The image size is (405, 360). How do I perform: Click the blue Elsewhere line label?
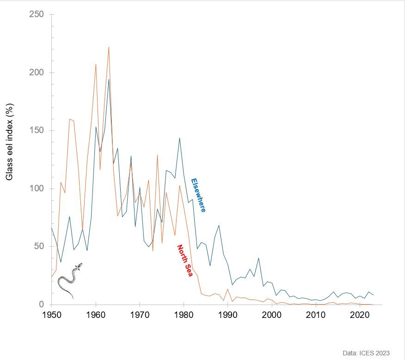point(198,195)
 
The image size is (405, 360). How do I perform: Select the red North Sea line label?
point(185,260)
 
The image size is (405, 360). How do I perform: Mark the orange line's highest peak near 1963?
point(109,47)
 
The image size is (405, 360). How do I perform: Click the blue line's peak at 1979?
point(179,138)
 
